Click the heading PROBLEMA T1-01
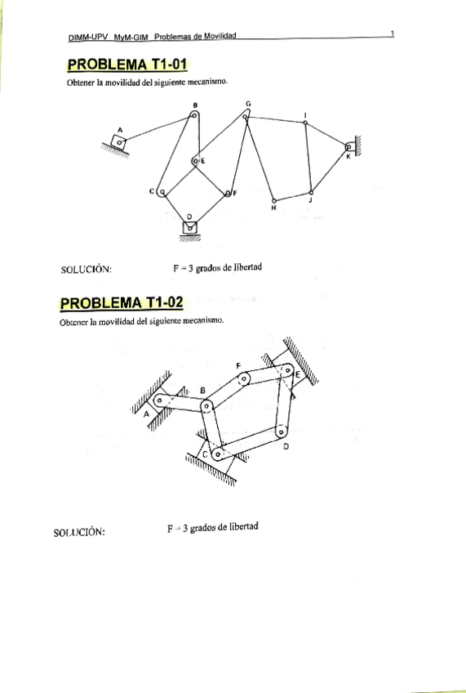coord(128,65)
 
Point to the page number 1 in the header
coord(393,34)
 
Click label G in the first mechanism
coord(248,104)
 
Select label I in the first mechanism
coord(305,114)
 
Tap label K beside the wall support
coord(348,156)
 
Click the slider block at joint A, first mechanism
coord(121,141)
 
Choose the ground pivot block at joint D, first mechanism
coord(189,228)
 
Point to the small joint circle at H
coord(274,199)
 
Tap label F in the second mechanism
coord(237,364)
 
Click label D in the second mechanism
coord(285,446)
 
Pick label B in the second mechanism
coord(202,390)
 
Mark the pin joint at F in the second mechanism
coord(242,378)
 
